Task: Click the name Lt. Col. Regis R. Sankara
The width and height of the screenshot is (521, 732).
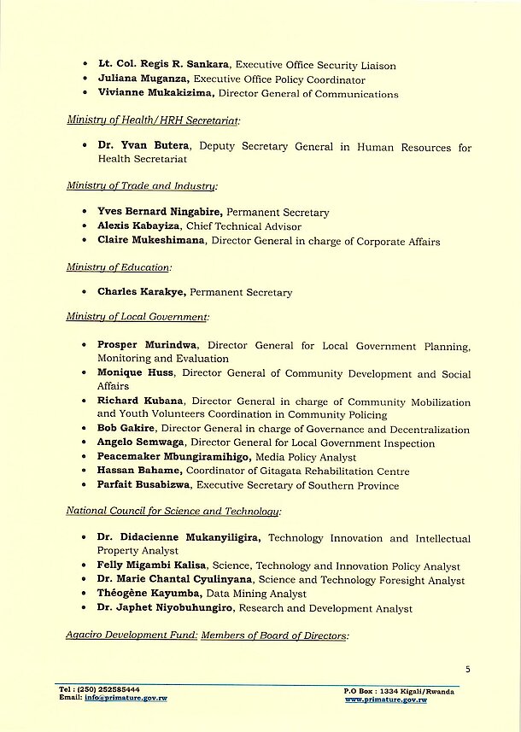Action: tap(164, 64)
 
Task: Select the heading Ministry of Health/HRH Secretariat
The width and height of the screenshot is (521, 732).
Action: tap(153, 120)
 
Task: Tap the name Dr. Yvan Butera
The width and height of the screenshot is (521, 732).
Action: tap(136, 148)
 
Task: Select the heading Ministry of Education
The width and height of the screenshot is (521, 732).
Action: tap(119, 267)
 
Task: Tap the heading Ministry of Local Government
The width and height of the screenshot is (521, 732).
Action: tap(137, 317)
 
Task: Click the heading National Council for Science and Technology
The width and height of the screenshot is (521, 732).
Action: tap(172, 511)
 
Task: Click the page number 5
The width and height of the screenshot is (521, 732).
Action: tap(467, 669)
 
